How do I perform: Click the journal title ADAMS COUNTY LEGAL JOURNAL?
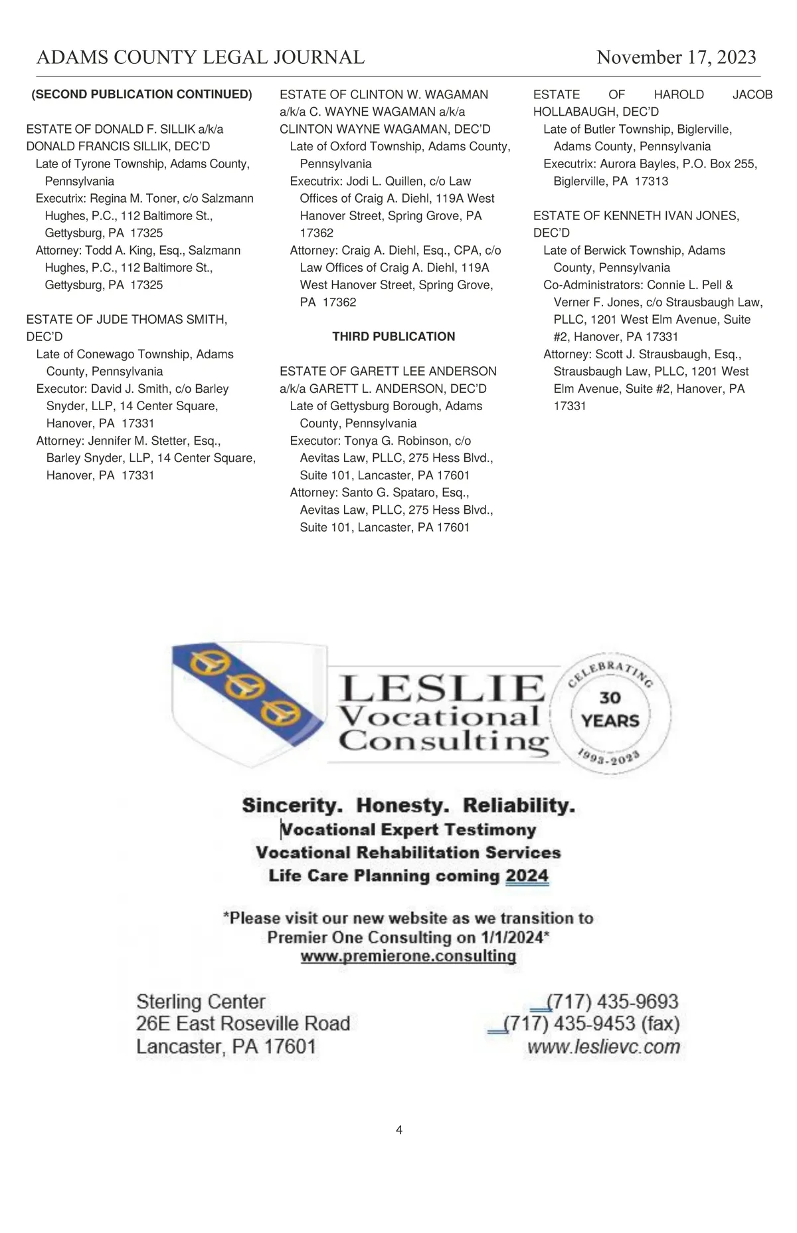[200, 57]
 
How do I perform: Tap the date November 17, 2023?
[676, 57]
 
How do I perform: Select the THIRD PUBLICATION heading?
[393, 336]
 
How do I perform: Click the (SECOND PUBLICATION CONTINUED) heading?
[141, 94]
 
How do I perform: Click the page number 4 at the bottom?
[398, 1129]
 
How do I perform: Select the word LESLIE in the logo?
[441, 688]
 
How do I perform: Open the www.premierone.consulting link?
[408, 956]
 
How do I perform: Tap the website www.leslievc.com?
[603, 1047]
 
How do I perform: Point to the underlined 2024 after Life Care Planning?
[527, 875]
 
